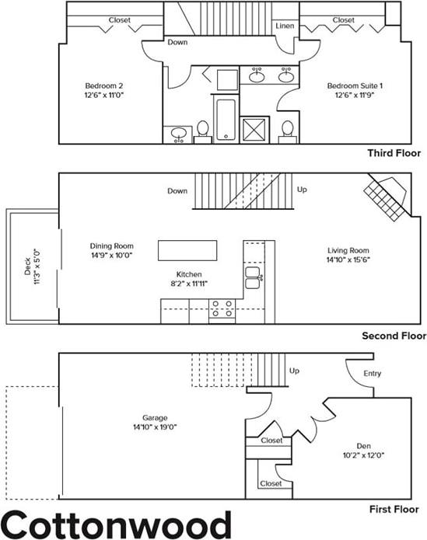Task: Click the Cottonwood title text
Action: tap(116, 523)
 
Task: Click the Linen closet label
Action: tap(284, 26)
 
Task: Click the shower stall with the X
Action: tap(255, 129)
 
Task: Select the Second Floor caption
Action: tap(394, 336)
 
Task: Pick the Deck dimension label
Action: tap(32, 267)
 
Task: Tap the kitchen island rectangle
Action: tap(190, 250)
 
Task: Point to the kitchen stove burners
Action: tap(222, 308)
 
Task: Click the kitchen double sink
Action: tap(253, 275)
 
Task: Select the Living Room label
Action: tap(347, 254)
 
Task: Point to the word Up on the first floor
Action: tap(294, 371)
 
